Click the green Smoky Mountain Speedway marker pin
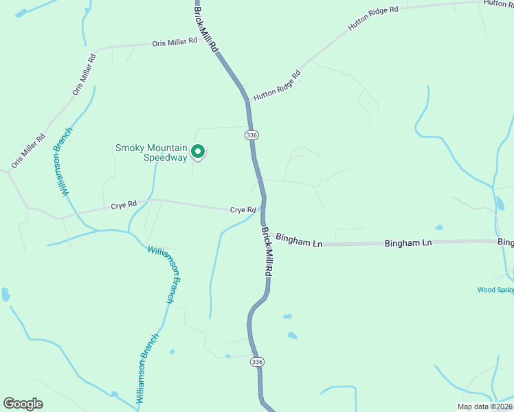(x=198, y=151)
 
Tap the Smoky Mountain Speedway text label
(x=151, y=152)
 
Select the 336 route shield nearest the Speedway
(x=252, y=135)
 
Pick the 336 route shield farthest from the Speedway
(x=257, y=361)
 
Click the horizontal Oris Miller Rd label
(x=175, y=43)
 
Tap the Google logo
(x=23, y=404)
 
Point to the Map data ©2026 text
(x=484, y=407)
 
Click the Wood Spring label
(x=495, y=290)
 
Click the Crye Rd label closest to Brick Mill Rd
(x=243, y=209)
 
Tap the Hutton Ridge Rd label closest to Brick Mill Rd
(x=277, y=86)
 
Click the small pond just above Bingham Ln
(x=439, y=227)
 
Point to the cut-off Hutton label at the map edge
(x=498, y=3)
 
